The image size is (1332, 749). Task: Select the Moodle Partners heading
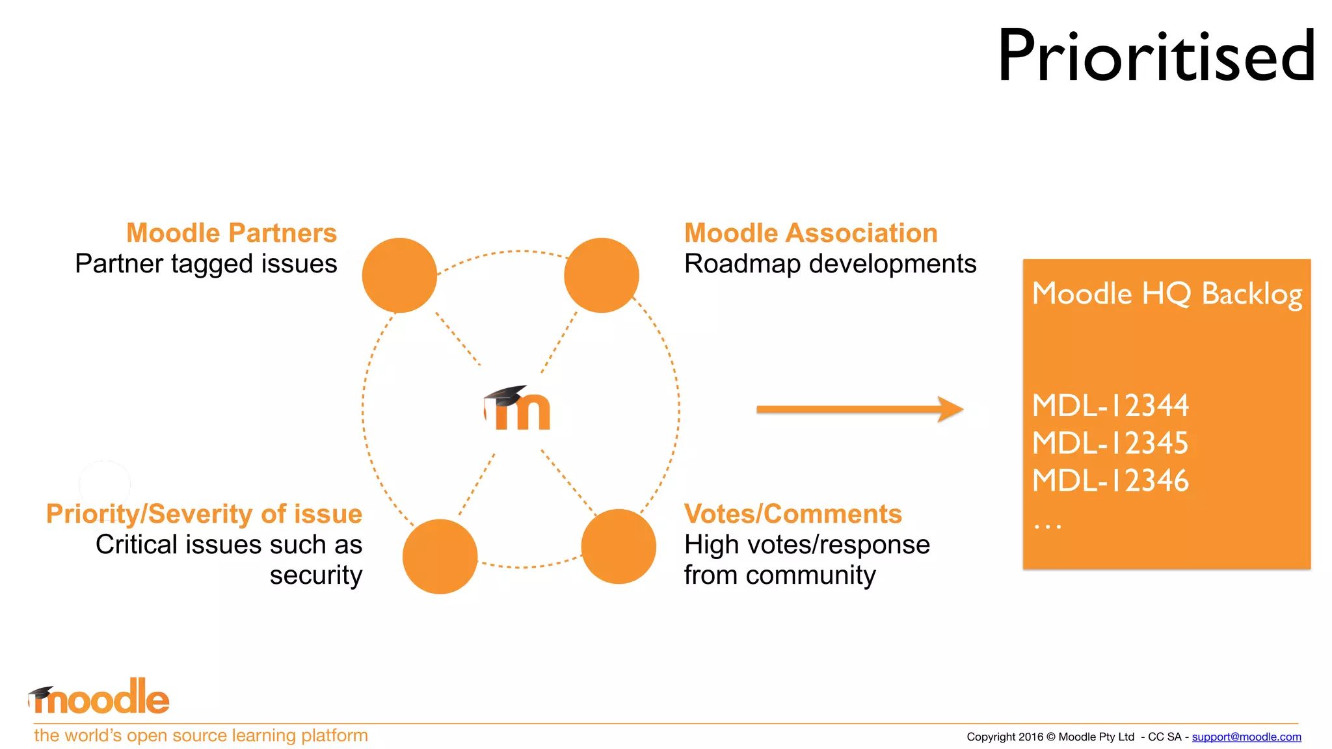pos(232,233)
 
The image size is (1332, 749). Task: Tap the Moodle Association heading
pos(810,233)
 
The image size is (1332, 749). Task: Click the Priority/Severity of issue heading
pos(204,514)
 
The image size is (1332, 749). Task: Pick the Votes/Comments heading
pos(793,514)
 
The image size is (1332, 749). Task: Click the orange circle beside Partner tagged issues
pos(399,275)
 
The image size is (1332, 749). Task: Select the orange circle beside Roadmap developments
pos(601,275)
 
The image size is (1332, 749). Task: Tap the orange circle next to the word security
pos(440,556)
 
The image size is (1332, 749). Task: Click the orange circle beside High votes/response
pos(618,546)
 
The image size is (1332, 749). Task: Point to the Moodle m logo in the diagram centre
pos(518,408)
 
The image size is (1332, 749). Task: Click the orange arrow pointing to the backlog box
pos(859,409)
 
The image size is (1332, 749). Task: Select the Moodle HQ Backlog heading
pos(1167,294)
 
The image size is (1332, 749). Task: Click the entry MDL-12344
pos(1110,406)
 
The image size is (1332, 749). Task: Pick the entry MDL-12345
pos(1110,443)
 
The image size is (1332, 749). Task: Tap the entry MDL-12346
pos(1110,481)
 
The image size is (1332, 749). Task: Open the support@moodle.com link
pos(1246,737)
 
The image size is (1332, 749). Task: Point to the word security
pos(316,575)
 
